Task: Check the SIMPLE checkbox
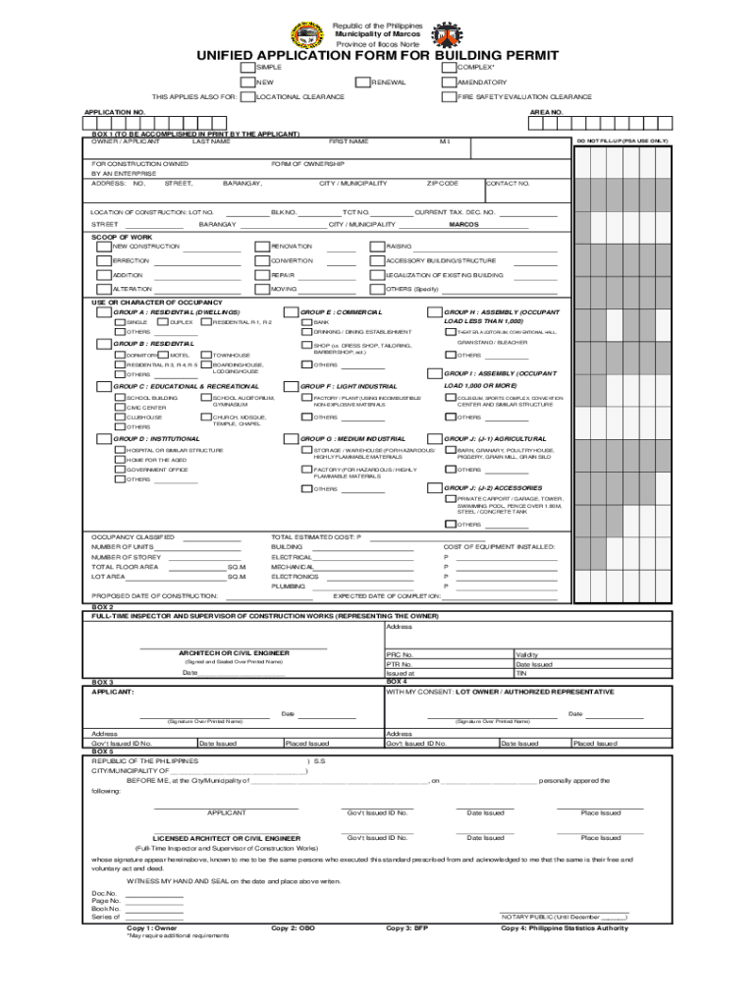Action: point(247,67)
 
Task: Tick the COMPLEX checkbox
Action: point(450,67)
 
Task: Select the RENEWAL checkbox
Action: point(361,83)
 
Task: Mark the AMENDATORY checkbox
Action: point(450,83)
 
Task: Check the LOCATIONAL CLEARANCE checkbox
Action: point(247,97)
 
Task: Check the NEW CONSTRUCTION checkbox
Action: point(104,247)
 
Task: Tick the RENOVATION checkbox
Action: point(262,247)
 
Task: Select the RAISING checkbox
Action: point(378,247)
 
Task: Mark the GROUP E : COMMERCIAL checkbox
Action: point(292,312)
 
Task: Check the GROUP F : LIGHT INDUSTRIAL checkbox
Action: point(292,387)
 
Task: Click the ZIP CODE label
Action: point(442,184)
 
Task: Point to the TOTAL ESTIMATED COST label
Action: point(316,537)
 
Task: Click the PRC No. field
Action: point(448,654)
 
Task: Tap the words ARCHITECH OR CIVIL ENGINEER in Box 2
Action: point(233,652)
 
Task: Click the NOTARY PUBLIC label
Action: point(563,917)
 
